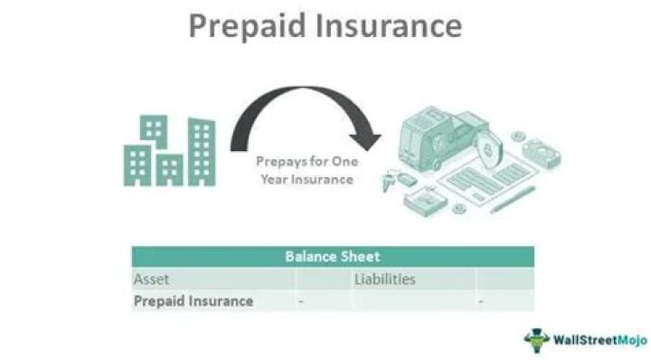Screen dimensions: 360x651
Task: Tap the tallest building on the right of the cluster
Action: (201, 150)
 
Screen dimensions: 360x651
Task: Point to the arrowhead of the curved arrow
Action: (365, 141)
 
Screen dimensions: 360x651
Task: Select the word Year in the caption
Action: (276, 179)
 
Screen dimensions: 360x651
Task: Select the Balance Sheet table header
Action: (333, 257)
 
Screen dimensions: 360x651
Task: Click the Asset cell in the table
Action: (152, 279)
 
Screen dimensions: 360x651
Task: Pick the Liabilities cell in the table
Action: (384, 279)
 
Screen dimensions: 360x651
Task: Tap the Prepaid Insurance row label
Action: (193, 301)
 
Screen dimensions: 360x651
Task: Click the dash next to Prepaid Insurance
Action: (301, 302)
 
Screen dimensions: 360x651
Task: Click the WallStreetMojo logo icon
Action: (536, 340)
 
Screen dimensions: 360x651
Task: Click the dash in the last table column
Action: (481, 302)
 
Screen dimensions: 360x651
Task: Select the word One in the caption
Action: (336, 161)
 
